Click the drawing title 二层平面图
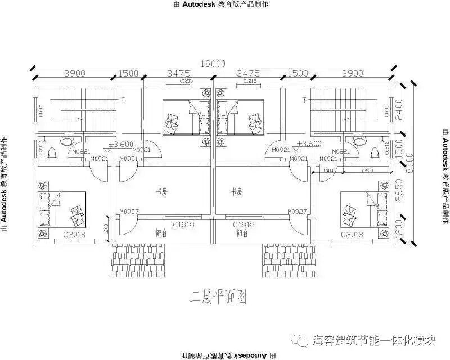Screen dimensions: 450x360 coord(218,296)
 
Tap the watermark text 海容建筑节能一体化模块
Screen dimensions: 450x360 coord(374,341)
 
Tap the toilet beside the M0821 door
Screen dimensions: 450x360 coord(375,152)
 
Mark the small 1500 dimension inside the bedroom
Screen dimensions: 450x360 coord(328,170)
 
